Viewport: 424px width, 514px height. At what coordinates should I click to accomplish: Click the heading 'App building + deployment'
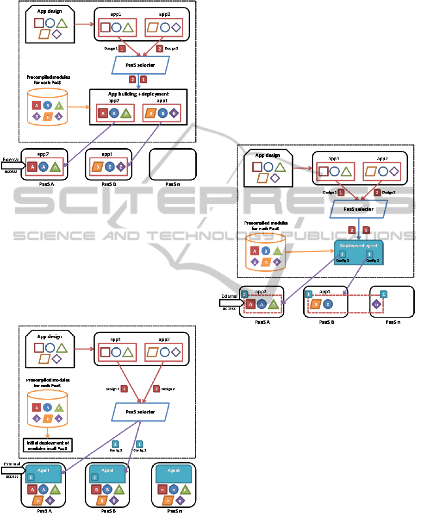click(138, 94)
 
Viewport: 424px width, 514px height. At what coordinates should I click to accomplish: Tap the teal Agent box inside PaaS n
click(174, 474)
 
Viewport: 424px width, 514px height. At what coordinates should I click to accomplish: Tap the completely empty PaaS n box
click(173, 164)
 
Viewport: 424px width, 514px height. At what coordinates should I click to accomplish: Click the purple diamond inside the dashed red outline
click(377, 304)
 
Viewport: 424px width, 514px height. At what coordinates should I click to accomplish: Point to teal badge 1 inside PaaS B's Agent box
click(95, 477)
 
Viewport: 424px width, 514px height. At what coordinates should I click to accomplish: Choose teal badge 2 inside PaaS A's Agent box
click(31, 477)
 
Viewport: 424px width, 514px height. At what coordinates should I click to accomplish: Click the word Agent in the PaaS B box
click(107, 470)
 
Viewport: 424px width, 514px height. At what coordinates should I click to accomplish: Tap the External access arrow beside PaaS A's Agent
click(12, 470)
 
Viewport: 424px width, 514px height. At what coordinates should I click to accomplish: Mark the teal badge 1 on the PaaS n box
click(383, 294)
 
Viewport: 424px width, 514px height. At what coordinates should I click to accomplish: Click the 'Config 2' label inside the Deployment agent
click(343, 260)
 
